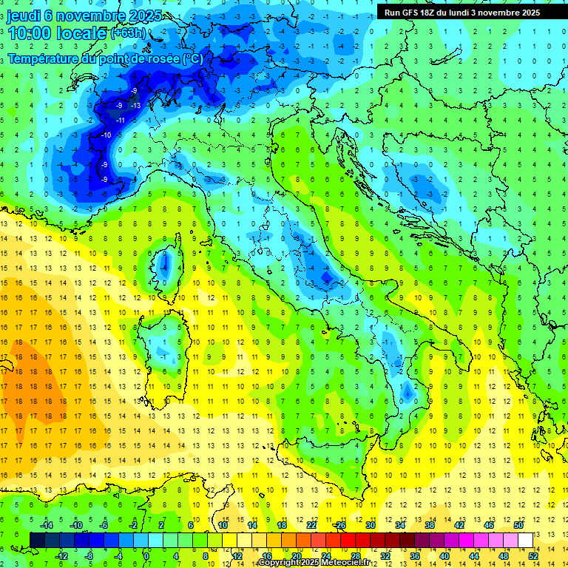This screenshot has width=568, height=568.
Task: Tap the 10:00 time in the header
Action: [x=31, y=33]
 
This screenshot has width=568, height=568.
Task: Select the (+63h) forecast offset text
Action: [x=128, y=33]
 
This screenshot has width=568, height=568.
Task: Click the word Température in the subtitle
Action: [x=47, y=58]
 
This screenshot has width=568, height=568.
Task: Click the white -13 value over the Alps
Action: [x=136, y=106]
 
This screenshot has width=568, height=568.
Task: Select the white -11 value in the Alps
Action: [x=119, y=120]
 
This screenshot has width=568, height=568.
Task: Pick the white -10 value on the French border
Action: [x=106, y=135]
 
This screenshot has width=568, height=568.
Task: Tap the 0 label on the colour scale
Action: [x=146, y=555]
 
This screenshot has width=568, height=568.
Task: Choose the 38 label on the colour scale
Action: [x=429, y=525]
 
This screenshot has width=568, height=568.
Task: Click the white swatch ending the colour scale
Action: [x=525, y=540]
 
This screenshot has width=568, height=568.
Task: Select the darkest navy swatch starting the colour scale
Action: [x=37, y=540]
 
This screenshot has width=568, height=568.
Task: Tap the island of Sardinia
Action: [x=173, y=345]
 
